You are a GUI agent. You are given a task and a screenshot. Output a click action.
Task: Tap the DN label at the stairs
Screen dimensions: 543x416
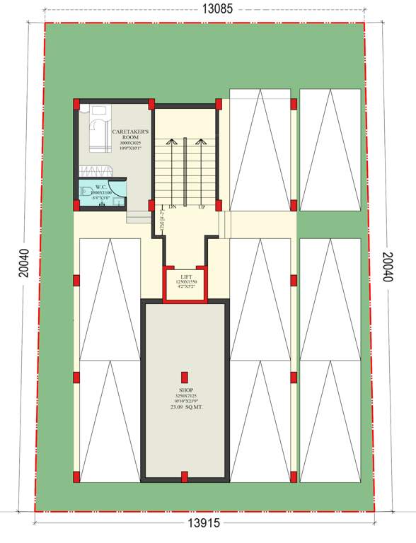pos(171,207)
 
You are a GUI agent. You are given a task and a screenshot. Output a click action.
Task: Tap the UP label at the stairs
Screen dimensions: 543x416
pos(202,207)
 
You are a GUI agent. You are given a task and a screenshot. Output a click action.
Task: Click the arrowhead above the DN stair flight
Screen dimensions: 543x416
pos(171,141)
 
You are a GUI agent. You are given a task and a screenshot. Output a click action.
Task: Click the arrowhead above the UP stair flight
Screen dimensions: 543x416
pos(202,141)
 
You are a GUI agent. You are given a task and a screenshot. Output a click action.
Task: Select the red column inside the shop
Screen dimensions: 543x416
pos(184,378)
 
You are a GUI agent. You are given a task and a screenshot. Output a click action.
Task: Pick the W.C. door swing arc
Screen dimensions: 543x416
pos(119,187)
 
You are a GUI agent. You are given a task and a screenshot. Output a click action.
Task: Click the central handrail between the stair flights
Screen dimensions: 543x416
pos(186,170)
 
